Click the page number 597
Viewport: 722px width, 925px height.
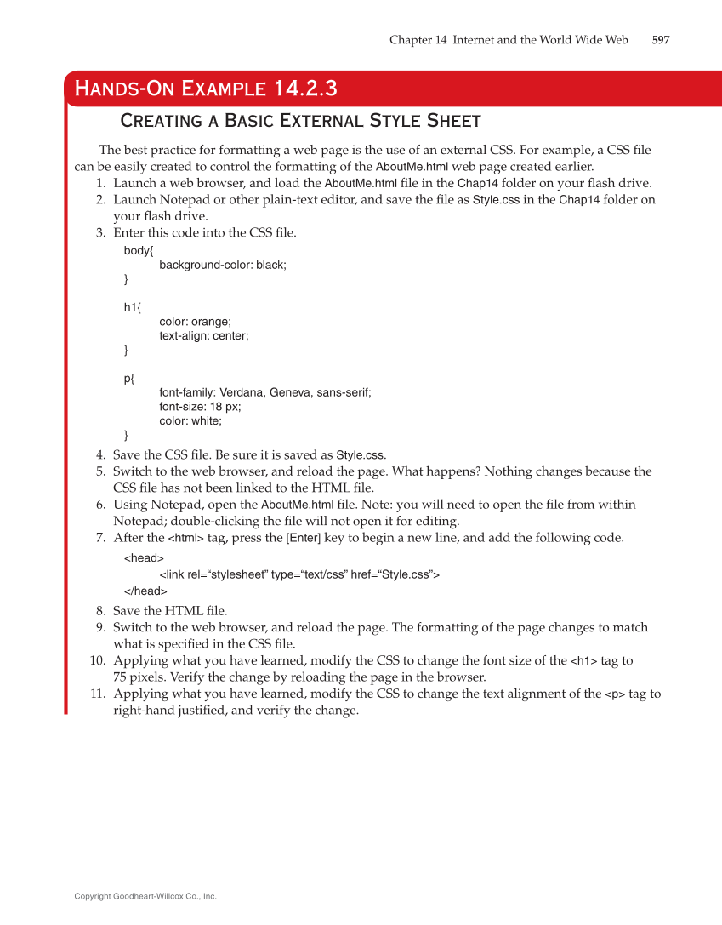click(x=660, y=40)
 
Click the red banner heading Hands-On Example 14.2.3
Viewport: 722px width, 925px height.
click(x=206, y=88)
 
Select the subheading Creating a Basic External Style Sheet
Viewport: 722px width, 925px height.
click(x=300, y=120)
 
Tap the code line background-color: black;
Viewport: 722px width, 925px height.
click(x=223, y=265)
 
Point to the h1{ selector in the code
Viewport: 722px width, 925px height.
click(x=133, y=307)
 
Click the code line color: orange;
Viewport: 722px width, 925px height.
click(x=195, y=322)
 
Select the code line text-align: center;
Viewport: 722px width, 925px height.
click(x=204, y=335)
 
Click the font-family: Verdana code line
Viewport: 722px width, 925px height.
click(x=264, y=392)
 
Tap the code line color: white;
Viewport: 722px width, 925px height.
click(x=190, y=420)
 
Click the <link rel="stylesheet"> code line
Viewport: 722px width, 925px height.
click(x=298, y=574)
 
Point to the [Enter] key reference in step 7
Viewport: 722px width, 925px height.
click(x=303, y=538)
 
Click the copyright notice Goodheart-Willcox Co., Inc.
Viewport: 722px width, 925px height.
click(x=145, y=896)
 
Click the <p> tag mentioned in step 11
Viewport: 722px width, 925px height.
click(x=614, y=694)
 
